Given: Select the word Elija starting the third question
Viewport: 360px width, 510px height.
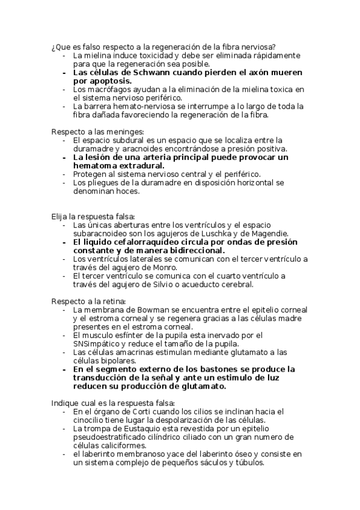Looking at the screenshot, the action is point(59,216).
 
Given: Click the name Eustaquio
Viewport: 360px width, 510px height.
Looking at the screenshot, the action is point(136,428).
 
